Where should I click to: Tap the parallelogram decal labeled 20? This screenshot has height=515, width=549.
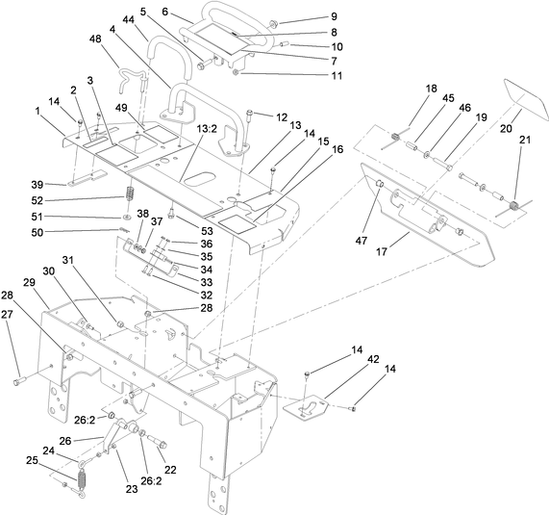click(x=523, y=96)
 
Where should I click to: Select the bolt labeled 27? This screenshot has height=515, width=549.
click(x=18, y=383)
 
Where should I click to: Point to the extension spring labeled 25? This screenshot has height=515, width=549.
click(x=82, y=478)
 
